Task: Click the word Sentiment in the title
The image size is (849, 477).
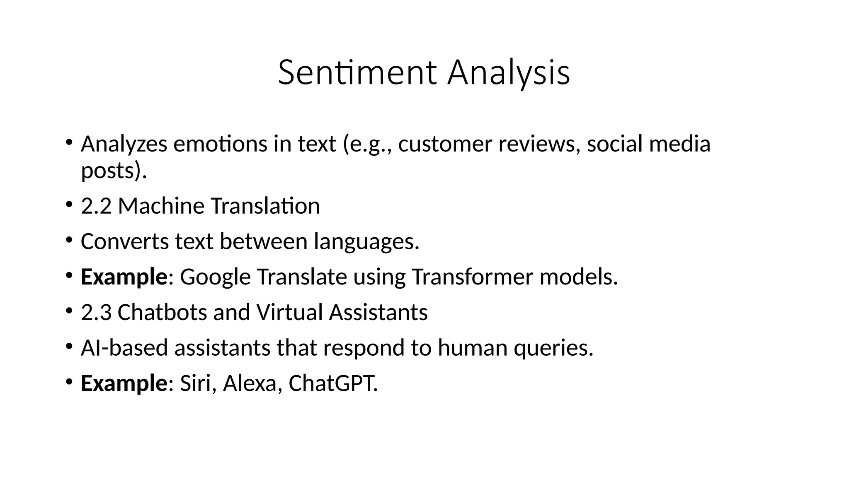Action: point(357,73)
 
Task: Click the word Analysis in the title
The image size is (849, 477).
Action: point(509,73)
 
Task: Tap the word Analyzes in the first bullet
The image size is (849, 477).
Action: point(124,144)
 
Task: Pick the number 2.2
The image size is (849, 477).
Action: point(96,206)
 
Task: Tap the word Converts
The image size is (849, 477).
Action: point(124,241)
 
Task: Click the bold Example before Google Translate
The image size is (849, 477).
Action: point(124,277)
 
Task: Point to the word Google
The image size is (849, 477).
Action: point(215,277)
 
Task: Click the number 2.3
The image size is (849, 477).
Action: point(96,312)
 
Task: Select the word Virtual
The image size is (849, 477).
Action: point(289,312)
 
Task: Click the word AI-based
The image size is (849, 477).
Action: point(124,347)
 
